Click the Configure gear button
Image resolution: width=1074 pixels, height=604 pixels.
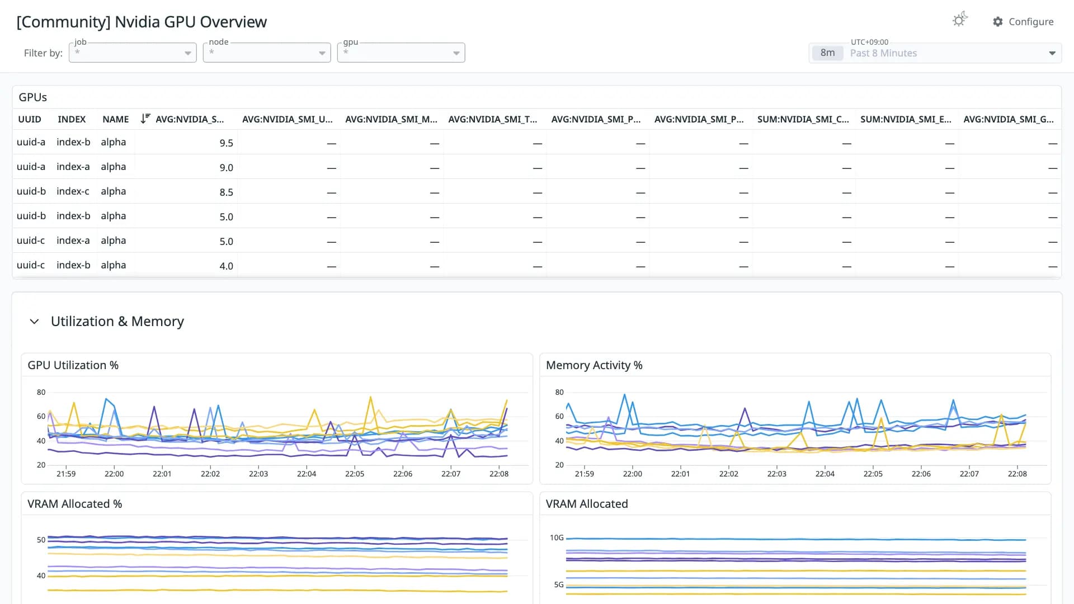[x=1023, y=22]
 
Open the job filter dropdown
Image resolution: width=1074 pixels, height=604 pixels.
[x=133, y=53]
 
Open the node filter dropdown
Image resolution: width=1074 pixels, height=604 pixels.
[x=267, y=53]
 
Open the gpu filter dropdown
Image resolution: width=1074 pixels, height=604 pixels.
[x=401, y=53]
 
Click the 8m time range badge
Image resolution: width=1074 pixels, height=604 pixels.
[x=827, y=53]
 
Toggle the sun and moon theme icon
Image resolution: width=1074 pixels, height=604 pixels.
[x=960, y=20]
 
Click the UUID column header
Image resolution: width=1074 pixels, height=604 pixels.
[x=30, y=119]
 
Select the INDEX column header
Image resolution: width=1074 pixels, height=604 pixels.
[x=72, y=119]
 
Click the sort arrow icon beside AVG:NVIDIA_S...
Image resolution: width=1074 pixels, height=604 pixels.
[x=145, y=119]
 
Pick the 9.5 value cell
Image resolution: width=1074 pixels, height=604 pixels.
[x=226, y=143]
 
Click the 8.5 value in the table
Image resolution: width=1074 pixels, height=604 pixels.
[x=226, y=192]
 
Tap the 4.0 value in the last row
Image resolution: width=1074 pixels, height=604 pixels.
[x=226, y=266]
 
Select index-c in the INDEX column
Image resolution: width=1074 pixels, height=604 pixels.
[x=73, y=191]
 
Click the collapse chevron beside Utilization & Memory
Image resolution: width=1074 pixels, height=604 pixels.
[x=34, y=322]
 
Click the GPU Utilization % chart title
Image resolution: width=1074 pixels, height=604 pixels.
[x=73, y=365]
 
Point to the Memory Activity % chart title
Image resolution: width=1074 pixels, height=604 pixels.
[x=594, y=365]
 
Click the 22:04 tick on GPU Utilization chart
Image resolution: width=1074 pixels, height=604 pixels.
[x=307, y=474]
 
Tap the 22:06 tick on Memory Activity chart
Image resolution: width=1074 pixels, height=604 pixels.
[x=921, y=474]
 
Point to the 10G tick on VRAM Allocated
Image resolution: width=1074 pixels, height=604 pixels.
[x=557, y=537]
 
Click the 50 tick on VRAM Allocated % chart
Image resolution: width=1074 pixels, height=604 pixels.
[x=41, y=540]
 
